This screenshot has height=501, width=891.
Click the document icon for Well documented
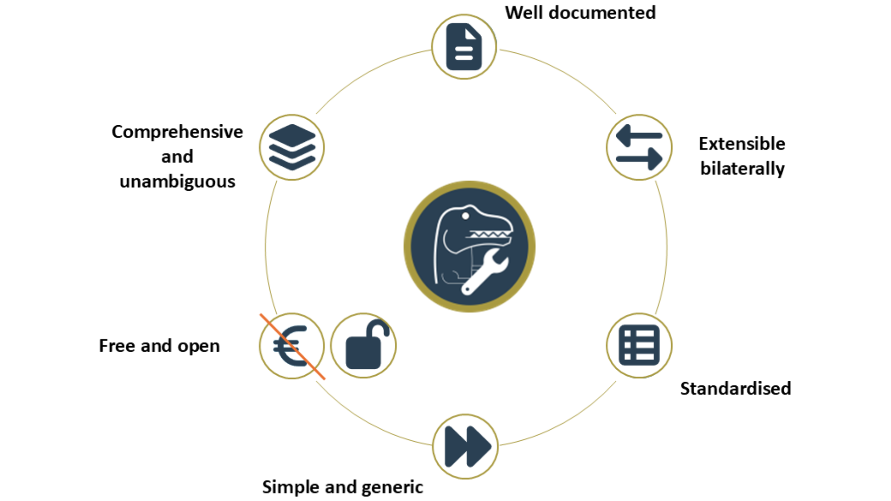(464, 47)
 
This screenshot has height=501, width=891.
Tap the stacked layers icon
(292, 147)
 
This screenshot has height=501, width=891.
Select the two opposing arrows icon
(639, 147)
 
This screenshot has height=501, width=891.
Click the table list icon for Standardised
(639, 346)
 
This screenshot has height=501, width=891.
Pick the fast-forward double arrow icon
(466, 446)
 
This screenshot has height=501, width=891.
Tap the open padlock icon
(364, 346)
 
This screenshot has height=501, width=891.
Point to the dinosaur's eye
(465, 216)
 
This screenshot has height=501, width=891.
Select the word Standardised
(736, 389)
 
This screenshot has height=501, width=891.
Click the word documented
(602, 13)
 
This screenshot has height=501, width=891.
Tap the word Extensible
(742, 144)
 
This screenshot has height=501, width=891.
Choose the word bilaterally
(742, 168)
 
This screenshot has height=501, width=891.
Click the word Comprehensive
(177, 132)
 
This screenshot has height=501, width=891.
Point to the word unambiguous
(177, 181)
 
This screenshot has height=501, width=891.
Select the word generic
(392, 487)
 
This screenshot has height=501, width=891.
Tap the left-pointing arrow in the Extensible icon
(639, 135)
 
